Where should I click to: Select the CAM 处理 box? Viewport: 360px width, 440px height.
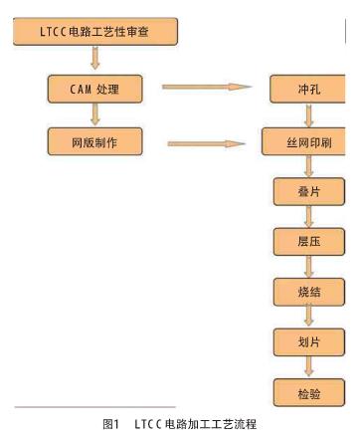tap(94, 89)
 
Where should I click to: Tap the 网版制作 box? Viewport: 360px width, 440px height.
tap(94, 141)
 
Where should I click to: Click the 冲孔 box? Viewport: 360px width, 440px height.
tap(308, 89)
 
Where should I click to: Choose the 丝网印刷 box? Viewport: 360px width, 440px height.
tap(308, 142)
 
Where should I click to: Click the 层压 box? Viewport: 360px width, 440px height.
tap(308, 241)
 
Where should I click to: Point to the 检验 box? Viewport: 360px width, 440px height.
tap(308, 392)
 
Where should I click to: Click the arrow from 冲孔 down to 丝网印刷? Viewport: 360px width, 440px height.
tap(308, 115)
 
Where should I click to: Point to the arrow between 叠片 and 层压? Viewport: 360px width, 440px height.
tap(308, 216)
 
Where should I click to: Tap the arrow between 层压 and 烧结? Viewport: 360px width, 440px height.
tap(308, 266)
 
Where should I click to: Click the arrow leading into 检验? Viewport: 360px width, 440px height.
tap(308, 366)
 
